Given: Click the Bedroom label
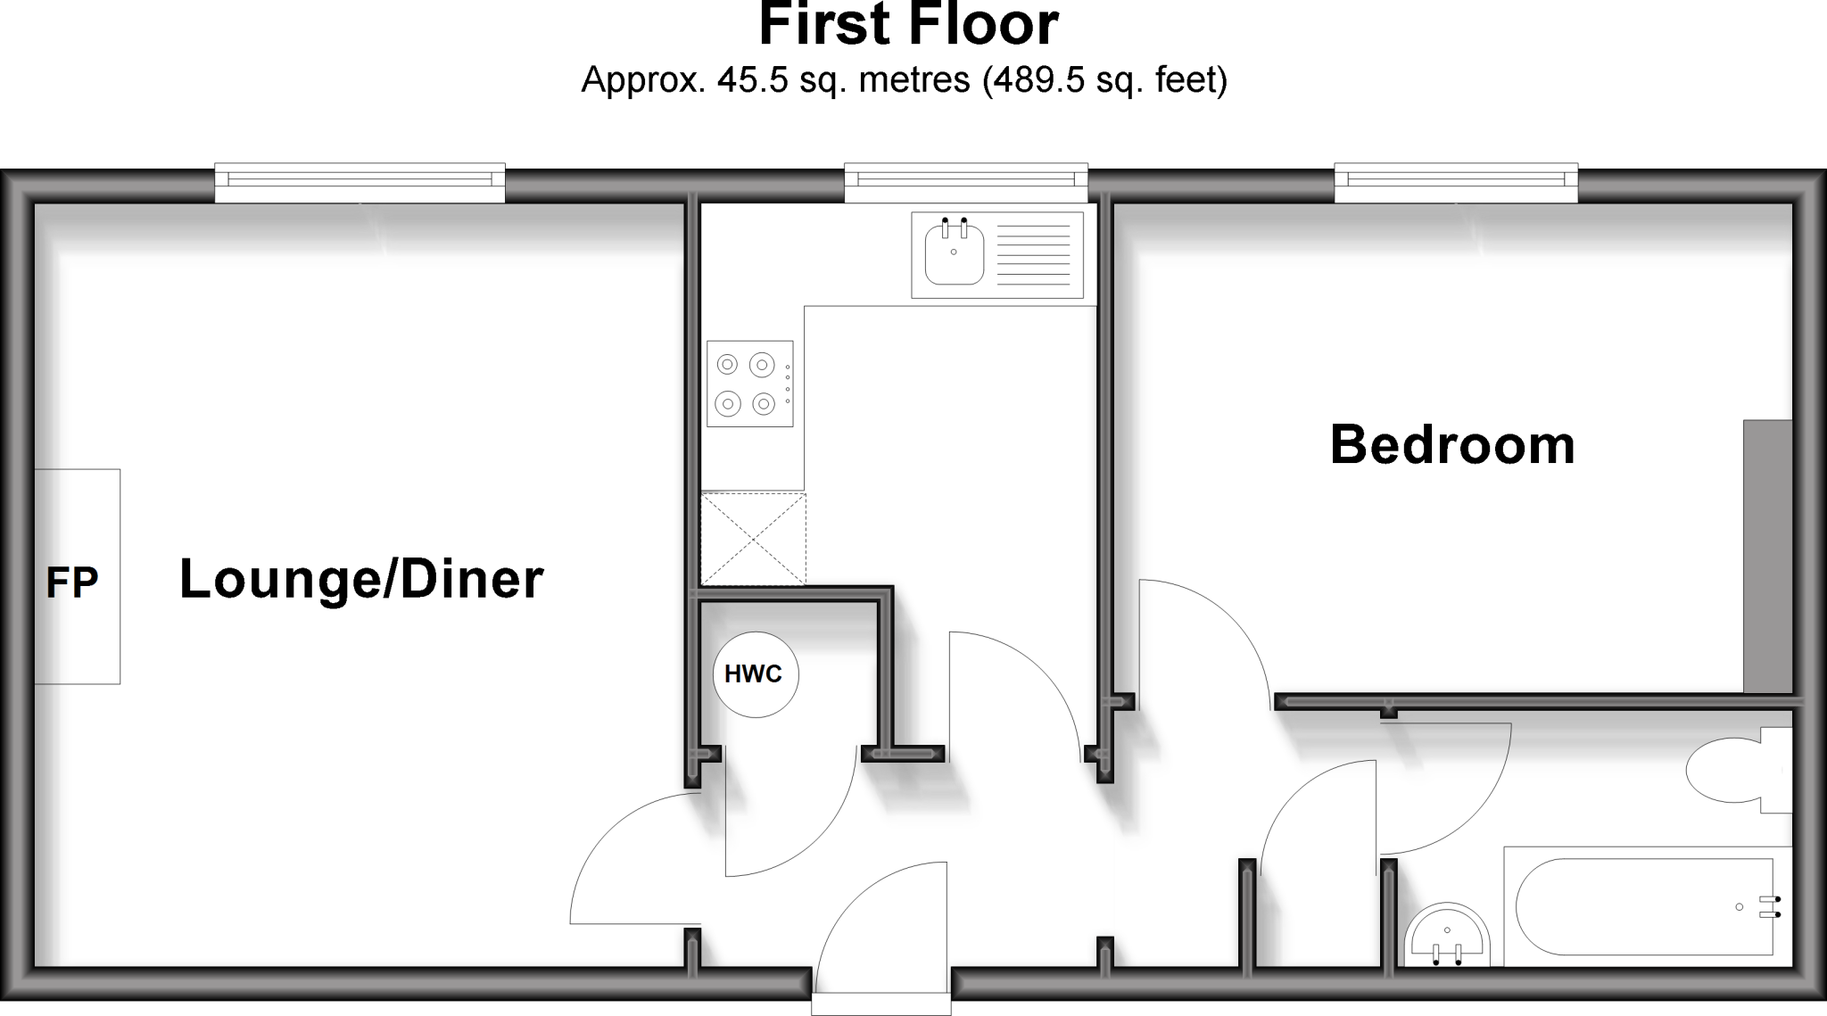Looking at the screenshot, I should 1451,445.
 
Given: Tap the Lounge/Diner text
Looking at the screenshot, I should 361,579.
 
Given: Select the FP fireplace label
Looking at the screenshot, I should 71,582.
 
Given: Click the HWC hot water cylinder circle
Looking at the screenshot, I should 755,674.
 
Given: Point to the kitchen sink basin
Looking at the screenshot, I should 954,253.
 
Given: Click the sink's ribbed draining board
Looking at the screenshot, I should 1032,253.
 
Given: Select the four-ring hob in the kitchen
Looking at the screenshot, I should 749,384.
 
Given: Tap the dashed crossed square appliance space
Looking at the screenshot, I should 753,540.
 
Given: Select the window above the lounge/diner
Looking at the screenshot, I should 360,182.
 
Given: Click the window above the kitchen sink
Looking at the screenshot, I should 966,182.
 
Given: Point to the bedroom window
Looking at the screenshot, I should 1456,182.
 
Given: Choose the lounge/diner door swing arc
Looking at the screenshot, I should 624,856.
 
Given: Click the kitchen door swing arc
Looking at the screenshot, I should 1017,687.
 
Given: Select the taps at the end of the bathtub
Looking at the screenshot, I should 1769,906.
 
